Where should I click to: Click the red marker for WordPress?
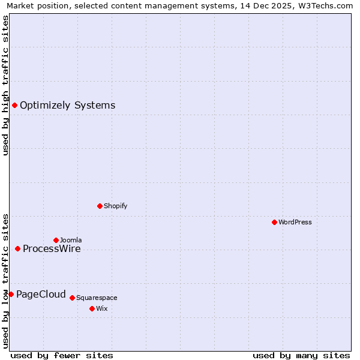pos(274,222)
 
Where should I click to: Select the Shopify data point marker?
pos(100,206)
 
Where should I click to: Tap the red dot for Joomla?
pos(56,240)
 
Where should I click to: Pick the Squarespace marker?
pos(72,298)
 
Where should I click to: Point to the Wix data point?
pos(92,308)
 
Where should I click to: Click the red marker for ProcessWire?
pos(17,248)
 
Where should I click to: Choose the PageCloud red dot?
pos(11,294)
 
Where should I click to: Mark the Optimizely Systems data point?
pos(14,106)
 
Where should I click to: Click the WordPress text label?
pos(295,222)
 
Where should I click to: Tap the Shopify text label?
pos(115,206)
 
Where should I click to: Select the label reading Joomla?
pos(71,240)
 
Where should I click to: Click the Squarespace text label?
pos(97,298)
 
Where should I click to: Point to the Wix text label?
pos(101,308)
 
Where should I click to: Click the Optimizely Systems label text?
pos(67,106)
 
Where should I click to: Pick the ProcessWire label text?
pos(52,248)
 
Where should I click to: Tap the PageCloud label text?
pos(41,294)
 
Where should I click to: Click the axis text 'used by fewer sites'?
pos(62,355)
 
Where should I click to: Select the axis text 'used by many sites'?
pos(301,355)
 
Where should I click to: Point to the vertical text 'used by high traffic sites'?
pos(6,85)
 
